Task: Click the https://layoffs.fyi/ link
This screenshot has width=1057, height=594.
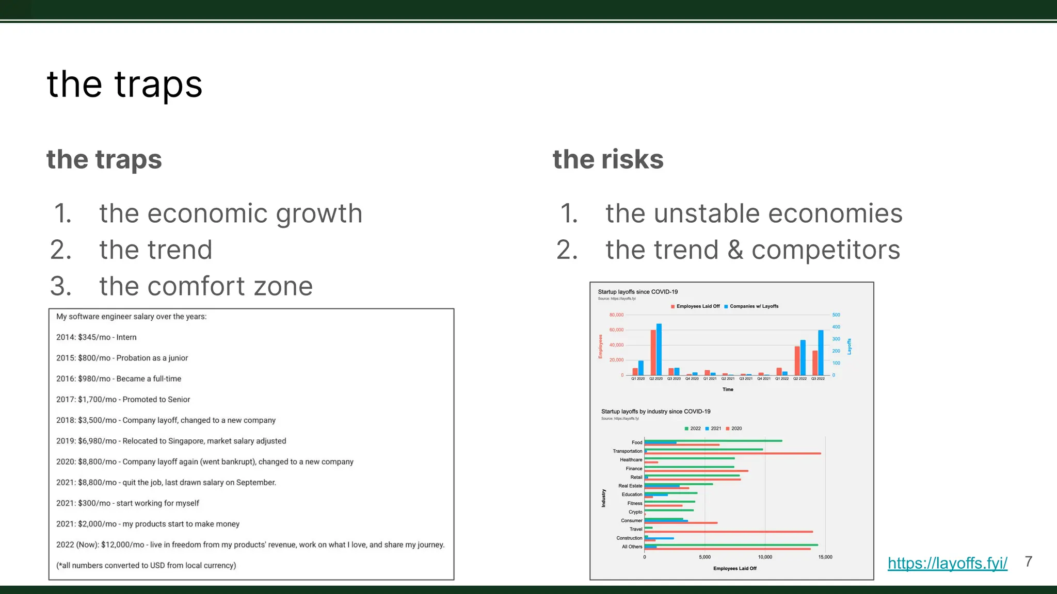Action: [x=947, y=563]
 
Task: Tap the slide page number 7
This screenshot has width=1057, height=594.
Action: [x=1028, y=562]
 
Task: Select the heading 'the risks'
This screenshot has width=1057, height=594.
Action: [x=608, y=159]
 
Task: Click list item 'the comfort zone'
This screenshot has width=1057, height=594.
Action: [x=206, y=286]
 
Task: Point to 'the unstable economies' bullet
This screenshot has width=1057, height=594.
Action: [x=754, y=213]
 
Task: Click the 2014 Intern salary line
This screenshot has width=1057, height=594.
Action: [x=97, y=337]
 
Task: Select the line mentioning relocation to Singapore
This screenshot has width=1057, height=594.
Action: [x=171, y=441]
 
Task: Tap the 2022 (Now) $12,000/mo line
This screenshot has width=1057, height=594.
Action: [x=250, y=544]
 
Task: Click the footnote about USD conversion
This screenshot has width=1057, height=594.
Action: [x=146, y=565]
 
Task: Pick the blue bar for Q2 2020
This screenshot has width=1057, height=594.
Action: [x=659, y=350]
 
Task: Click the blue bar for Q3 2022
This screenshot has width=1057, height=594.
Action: [x=821, y=353]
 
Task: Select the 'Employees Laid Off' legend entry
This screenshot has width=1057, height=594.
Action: [x=695, y=306]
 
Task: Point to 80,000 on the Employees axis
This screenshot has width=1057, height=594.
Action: [x=616, y=315]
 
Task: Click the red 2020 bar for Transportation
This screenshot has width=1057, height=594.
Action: [x=733, y=453]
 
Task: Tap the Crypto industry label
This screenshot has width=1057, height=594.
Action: [x=635, y=512]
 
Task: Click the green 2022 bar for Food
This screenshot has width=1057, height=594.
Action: [x=713, y=441]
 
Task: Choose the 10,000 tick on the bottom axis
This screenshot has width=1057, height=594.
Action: [x=765, y=557]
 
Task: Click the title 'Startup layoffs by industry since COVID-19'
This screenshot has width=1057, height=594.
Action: [x=655, y=411]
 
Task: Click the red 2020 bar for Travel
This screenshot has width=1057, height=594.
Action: [x=729, y=532]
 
